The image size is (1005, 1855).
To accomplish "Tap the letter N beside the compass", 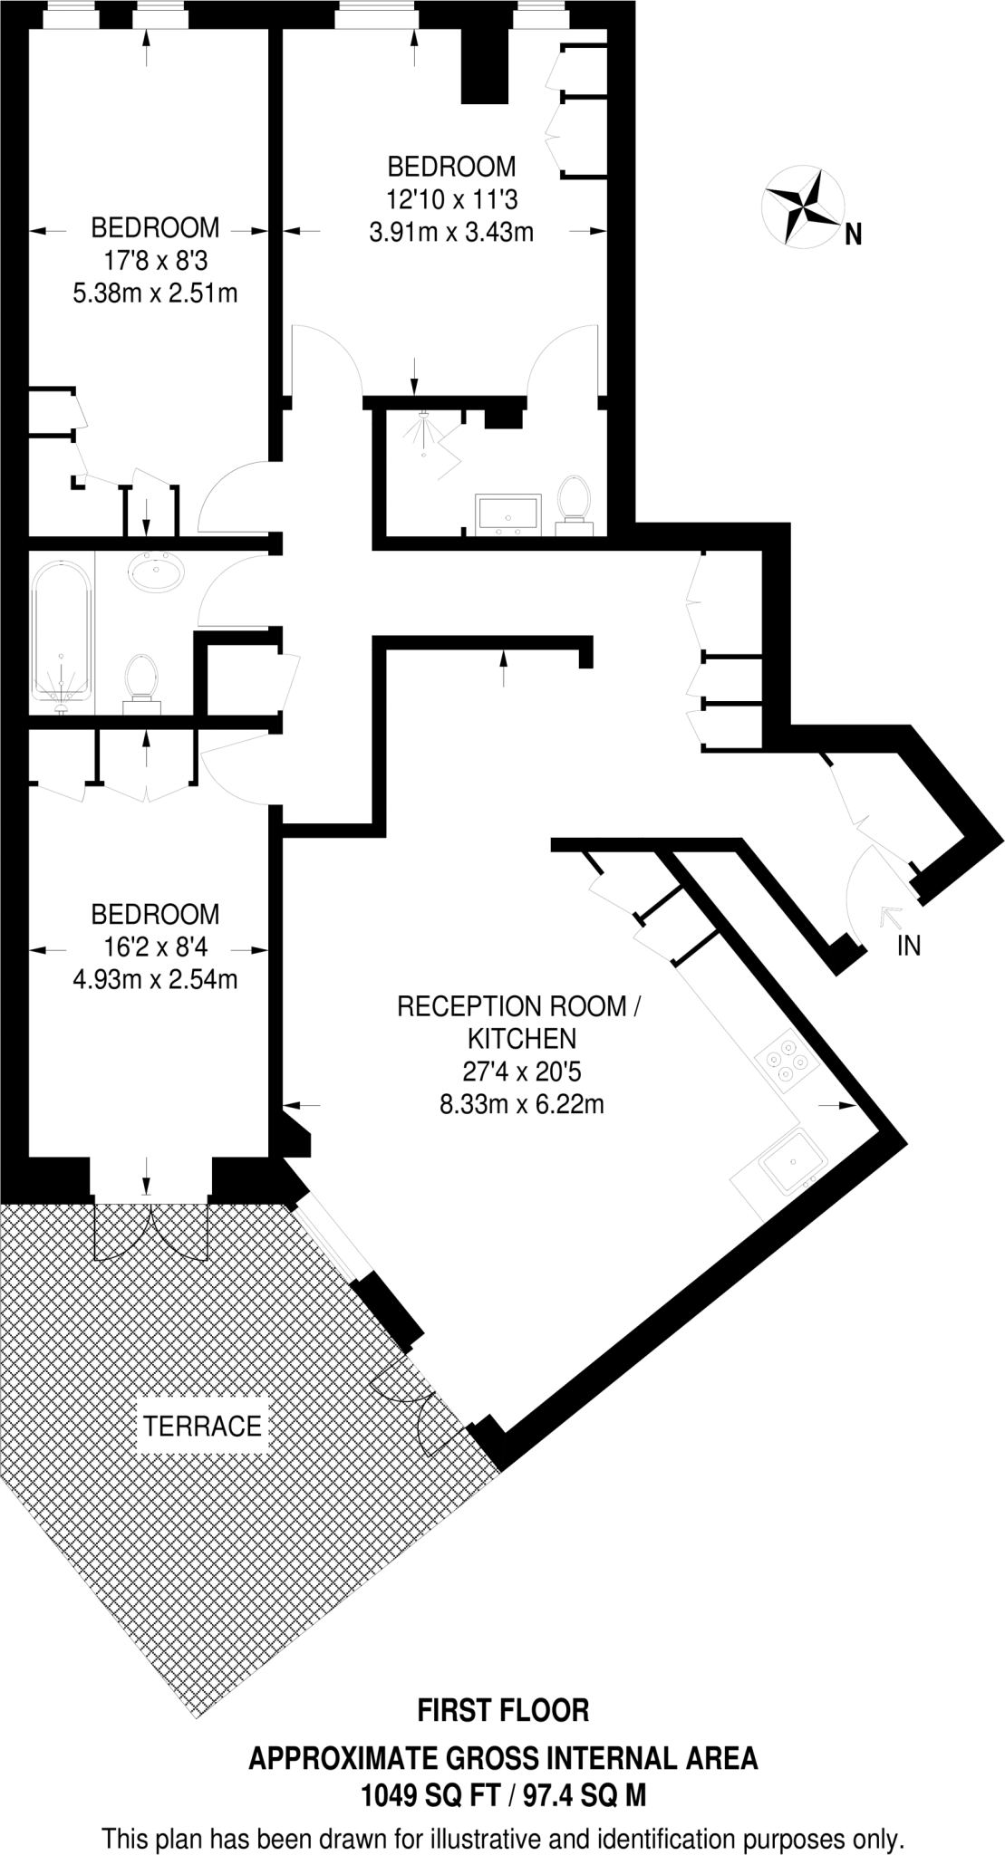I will point(852,236).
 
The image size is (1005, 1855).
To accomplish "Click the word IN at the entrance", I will point(908,946).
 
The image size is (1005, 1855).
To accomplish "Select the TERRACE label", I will point(202,1427).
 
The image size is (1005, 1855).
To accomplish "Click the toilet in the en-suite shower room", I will point(573,500).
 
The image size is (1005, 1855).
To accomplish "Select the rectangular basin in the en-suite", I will point(507,512).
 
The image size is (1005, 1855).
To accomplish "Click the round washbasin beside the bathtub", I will point(157,572).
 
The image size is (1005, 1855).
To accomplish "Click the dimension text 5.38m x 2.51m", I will point(155,293).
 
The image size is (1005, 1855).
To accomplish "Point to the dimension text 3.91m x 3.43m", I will point(450,232).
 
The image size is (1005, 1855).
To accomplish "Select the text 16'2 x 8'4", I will point(155,947).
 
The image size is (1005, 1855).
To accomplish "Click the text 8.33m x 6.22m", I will point(521,1104).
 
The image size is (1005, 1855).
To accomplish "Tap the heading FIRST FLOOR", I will point(502,1710).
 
